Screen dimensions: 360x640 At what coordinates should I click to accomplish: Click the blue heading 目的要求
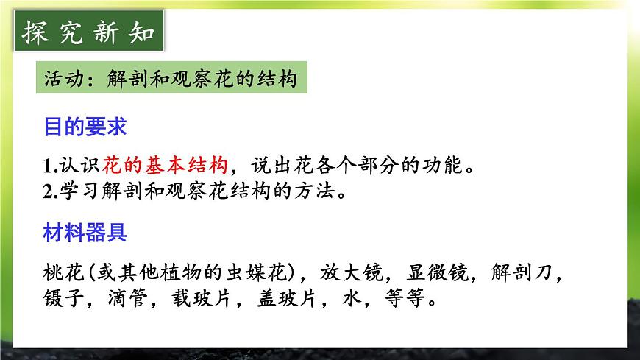click(x=85, y=127)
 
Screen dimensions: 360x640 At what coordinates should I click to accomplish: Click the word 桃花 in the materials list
click(x=62, y=273)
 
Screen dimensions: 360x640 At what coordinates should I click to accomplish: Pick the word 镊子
click(x=62, y=300)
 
